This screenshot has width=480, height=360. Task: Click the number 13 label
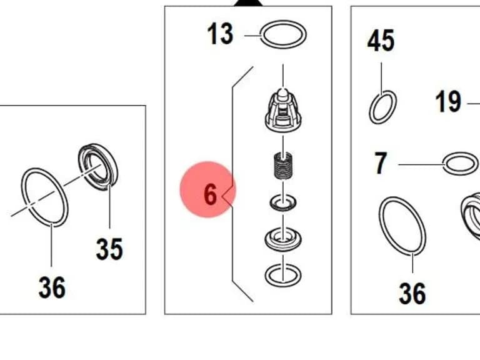coord(220,34)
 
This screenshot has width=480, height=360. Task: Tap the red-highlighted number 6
coord(210,194)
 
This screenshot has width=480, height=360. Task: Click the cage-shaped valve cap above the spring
coord(283,110)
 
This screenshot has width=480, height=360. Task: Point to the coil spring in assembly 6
coord(282,166)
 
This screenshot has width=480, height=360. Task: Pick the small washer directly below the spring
coord(283,202)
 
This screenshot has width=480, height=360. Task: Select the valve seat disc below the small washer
coord(283,238)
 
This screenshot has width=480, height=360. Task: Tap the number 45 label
coord(381,41)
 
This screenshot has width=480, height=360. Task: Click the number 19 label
coord(448,101)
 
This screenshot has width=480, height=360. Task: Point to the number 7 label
coord(381,163)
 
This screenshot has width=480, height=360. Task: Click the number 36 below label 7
coord(412,294)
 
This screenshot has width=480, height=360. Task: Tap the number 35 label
coord(109,249)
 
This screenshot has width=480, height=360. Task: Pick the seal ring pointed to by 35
coord(98,167)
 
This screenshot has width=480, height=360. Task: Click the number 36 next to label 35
coord(52,287)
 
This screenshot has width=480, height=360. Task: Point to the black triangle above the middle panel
coord(248,3)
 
